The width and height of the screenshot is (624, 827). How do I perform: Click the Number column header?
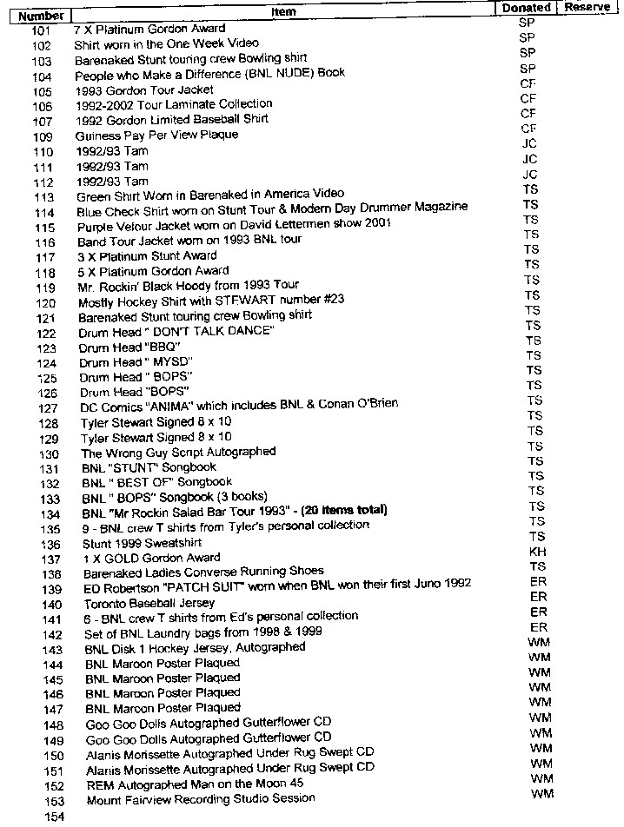[x=41, y=15]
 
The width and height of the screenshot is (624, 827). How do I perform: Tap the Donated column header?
[x=527, y=8]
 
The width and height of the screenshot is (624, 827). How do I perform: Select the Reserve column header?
[x=587, y=7]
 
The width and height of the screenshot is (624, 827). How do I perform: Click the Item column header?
[x=284, y=11]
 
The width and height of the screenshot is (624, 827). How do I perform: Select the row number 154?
[x=54, y=817]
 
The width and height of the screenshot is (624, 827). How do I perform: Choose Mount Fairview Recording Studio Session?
[x=201, y=798]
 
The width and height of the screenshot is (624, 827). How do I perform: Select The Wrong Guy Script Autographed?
[x=179, y=453]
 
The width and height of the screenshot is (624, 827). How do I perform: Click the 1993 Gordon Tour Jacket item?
[x=144, y=90]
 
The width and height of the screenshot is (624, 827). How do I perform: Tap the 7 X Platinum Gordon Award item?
[x=150, y=29]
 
